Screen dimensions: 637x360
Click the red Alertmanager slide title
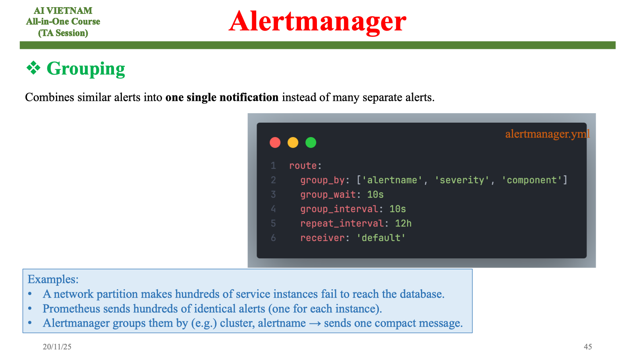click(x=317, y=21)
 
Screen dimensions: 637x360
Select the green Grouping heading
click(x=86, y=69)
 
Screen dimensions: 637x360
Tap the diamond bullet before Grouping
click(x=33, y=68)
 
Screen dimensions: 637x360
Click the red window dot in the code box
click(x=275, y=142)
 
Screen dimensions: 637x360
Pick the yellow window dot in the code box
click(x=293, y=142)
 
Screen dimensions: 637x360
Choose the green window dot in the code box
click(x=311, y=142)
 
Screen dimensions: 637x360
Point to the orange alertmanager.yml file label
click(x=547, y=134)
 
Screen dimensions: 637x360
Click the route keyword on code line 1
click(x=303, y=166)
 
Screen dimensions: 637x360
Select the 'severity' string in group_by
click(x=461, y=180)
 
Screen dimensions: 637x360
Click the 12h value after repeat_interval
click(x=403, y=223)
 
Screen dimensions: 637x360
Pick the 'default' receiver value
click(x=381, y=238)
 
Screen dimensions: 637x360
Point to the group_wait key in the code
click(x=328, y=195)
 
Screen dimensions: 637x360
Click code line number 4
click(x=273, y=209)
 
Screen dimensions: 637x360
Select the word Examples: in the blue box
click(x=53, y=279)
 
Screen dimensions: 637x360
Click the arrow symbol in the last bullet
click(x=315, y=323)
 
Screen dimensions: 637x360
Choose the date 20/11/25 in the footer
click(x=57, y=346)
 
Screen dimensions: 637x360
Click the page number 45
click(x=588, y=346)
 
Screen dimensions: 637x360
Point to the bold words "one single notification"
click(x=222, y=97)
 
